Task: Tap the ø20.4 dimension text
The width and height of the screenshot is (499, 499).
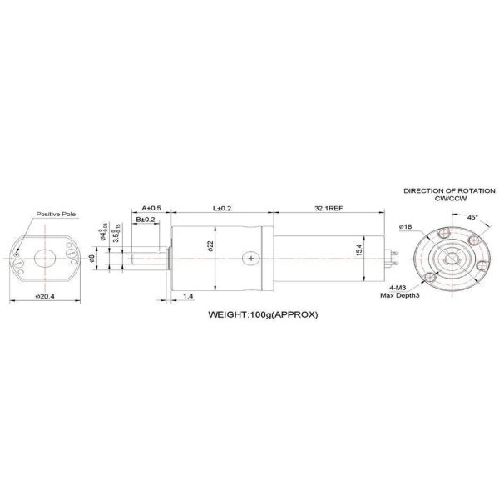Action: click(x=46, y=295)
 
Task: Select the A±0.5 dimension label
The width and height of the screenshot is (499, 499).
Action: click(x=151, y=208)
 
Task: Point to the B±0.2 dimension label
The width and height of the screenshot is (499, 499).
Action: click(x=146, y=219)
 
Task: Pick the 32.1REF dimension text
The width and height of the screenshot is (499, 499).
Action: click(x=329, y=208)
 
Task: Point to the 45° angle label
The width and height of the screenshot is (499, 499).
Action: click(x=472, y=216)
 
